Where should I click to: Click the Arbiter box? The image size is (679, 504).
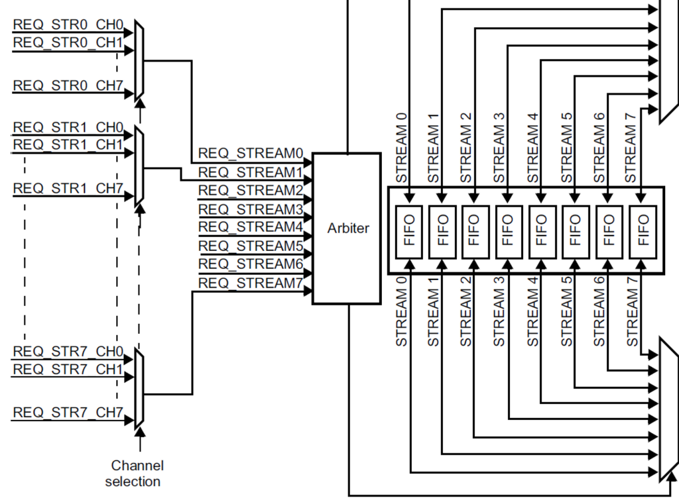click(347, 228)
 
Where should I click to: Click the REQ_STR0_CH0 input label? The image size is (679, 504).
click(68, 25)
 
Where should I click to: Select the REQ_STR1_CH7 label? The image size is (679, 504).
click(68, 189)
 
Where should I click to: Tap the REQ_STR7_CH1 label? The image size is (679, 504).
click(68, 369)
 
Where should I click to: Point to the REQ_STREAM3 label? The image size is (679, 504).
click(251, 209)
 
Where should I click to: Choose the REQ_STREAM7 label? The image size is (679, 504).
click(251, 283)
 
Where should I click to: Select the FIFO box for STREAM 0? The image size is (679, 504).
click(408, 230)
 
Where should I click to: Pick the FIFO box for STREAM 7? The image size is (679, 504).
click(642, 230)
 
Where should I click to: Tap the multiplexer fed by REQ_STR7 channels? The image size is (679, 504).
click(139, 387)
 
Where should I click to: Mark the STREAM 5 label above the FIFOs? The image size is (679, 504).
click(567, 147)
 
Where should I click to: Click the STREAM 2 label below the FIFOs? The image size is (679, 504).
click(467, 311)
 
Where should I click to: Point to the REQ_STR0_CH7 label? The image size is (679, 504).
click(68, 85)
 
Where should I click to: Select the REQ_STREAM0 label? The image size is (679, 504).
click(251, 154)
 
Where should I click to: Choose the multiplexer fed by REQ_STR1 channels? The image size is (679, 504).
click(139, 166)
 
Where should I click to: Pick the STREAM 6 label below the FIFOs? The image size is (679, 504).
click(600, 311)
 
